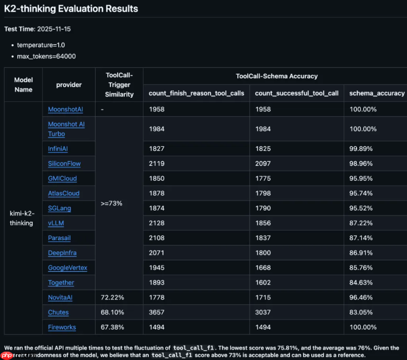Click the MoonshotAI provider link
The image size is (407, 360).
(65, 109)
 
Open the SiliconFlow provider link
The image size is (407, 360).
(64, 164)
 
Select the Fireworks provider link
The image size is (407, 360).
(62, 327)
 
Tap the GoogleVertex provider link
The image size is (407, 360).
(67, 268)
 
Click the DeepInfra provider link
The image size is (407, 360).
(62, 253)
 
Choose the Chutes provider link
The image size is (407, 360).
(58, 312)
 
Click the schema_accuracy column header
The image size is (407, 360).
(377, 93)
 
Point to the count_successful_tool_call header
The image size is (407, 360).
(297, 93)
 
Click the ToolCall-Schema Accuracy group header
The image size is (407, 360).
(276, 76)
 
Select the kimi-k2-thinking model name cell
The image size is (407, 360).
(22, 218)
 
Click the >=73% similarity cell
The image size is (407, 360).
(112, 203)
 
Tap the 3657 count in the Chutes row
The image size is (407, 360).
(157, 312)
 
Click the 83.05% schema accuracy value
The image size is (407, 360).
(361, 312)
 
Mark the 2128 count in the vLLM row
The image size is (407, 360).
(157, 223)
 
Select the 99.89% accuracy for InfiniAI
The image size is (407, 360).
(361, 149)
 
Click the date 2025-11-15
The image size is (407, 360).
(54, 29)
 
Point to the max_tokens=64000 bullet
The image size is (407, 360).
(46, 56)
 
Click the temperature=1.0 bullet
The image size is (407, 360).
(41, 45)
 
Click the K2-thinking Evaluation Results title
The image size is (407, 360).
(71, 8)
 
